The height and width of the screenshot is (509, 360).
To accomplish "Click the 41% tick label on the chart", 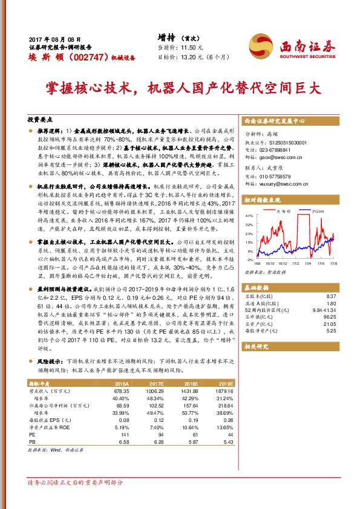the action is tap(249, 215).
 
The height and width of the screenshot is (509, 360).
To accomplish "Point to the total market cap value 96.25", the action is tap(330, 317).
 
